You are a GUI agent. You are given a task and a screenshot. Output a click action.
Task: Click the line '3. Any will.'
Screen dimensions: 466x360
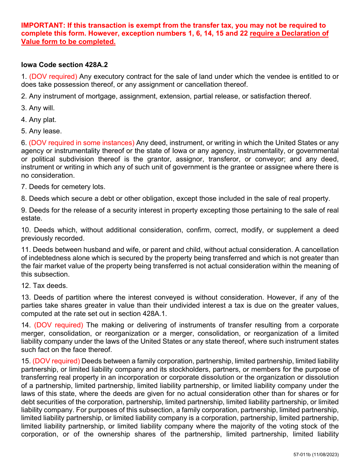pos(38,108)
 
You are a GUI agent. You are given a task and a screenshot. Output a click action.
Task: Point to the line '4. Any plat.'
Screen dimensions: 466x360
pos(39,120)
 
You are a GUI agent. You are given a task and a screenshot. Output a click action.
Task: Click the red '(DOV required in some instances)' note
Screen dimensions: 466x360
pos(81,143)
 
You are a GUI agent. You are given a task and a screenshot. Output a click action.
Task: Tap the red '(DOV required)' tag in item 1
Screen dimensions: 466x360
pos(53,77)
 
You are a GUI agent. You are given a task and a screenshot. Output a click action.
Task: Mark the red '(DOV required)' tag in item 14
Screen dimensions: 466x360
pos(59,325)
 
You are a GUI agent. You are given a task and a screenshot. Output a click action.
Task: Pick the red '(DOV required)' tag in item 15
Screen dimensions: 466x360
pos(56,361)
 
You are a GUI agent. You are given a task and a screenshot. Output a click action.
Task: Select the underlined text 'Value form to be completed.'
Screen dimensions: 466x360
pos(68,42)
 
